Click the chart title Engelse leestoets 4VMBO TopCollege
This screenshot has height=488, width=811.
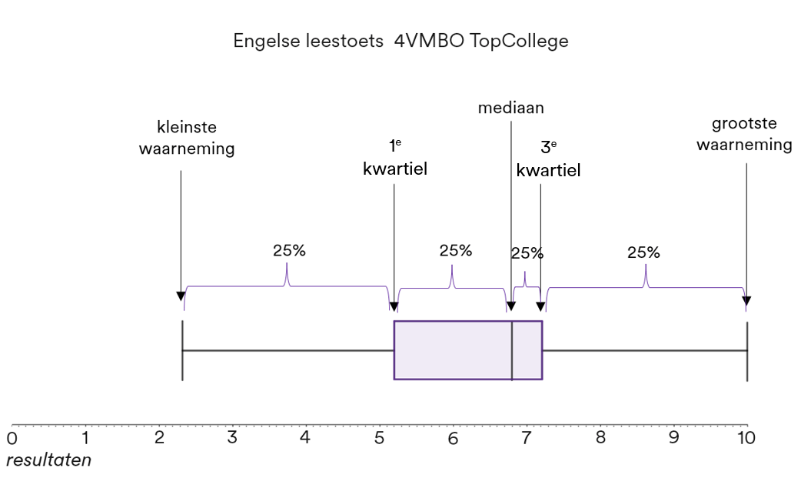tap(401, 42)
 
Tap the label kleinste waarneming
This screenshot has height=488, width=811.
tap(187, 138)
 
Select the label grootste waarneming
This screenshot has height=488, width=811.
tap(744, 135)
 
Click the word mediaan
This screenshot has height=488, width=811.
tap(510, 108)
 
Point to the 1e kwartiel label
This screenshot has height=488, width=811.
tap(394, 158)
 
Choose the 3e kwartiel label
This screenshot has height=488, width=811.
tap(548, 159)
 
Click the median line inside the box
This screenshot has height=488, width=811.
tap(512, 350)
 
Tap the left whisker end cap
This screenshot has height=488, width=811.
tap(182, 350)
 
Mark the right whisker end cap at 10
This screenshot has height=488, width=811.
tap(747, 350)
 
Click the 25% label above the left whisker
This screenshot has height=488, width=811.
tap(289, 251)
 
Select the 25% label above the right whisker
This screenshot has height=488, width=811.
tap(643, 252)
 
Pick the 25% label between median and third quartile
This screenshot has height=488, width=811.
tap(527, 253)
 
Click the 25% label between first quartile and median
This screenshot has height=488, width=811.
tap(456, 251)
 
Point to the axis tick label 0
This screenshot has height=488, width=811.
tap(12, 439)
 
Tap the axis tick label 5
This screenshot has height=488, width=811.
tap(379, 439)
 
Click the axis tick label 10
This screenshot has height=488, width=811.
tap(745, 439)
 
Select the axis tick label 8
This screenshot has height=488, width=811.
tap(600, 439)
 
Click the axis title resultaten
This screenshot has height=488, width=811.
tap(48, 460)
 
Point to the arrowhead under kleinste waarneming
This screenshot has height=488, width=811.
tap(181, 297)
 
